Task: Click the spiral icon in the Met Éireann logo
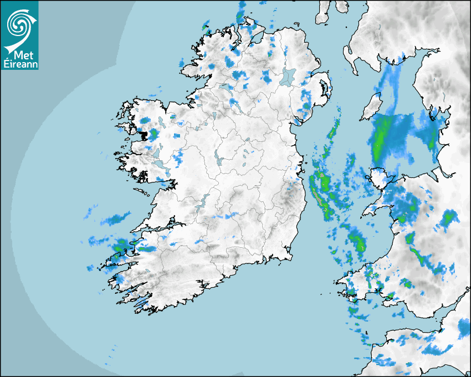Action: click(x=19, y=24)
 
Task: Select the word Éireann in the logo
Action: click(x=20, y=64)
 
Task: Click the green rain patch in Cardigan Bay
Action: click(x=357, y=241)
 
